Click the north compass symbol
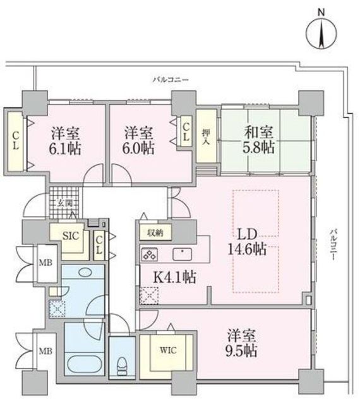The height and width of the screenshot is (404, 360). coord(321,32)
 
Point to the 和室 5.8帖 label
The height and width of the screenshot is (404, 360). coord(258,140)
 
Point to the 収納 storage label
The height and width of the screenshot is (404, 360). coord(155,232)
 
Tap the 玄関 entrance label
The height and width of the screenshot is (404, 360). coord(65,203)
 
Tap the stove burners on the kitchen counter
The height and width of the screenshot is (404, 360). coord(150,255)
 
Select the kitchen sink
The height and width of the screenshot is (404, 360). coord(183,254)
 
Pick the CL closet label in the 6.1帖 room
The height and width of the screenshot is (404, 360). coord(15,140)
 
